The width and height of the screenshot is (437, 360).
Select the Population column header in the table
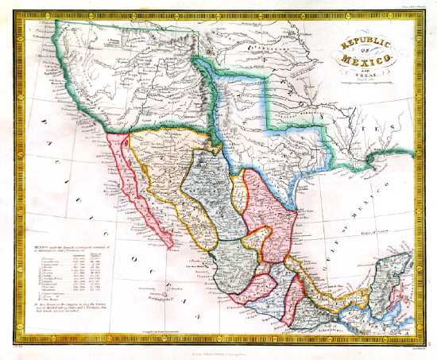[80, 256]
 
